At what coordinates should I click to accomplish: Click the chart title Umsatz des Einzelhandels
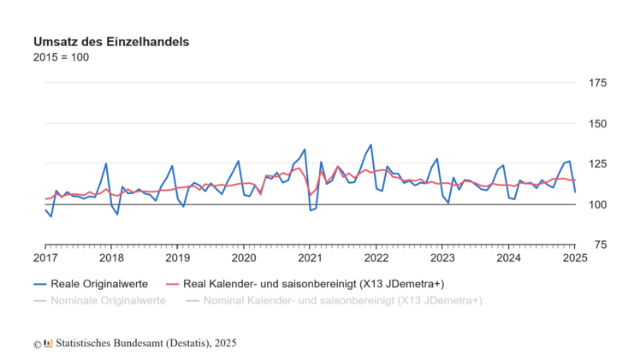coord(111,41)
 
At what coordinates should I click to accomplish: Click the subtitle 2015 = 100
coord(61,57)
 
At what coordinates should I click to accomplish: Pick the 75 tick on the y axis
coord(598,245)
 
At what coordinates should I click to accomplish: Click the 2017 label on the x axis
coord(45,257)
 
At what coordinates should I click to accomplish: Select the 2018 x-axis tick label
coord(111,257)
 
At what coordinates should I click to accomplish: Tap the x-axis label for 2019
coord(177,257)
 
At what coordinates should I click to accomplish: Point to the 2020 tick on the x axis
coord(244,257)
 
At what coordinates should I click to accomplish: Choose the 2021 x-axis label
coord(310,257)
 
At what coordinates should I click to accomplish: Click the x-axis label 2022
coord(376,257)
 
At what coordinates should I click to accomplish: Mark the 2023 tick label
coord(442,257)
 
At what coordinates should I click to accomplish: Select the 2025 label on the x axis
coord(574,257)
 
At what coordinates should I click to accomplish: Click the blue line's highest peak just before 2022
coord(370,145)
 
